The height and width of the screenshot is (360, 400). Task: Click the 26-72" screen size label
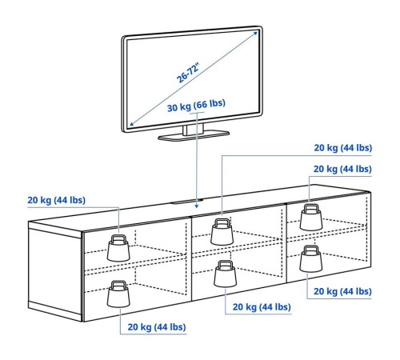tap(188, 73)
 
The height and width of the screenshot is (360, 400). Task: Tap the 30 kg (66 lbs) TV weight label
tap(196, 106)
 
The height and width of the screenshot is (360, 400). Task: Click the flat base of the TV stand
tap(194, 135)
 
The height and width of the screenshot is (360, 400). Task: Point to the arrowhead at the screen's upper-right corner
tap(255, 34)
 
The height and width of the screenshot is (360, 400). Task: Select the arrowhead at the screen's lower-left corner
tap(131, 124)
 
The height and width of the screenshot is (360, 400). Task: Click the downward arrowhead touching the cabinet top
tap(197, 206)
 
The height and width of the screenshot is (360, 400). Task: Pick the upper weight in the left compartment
tap(118, 248)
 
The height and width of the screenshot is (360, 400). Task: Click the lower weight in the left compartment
tap(118, 294)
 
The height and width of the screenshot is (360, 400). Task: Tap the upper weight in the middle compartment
tap(222, 232)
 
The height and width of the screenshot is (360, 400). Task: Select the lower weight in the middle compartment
tap(225, 274)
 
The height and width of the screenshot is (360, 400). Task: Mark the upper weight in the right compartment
tap(311, 218)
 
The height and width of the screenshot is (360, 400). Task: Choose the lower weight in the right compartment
tap(311, 259)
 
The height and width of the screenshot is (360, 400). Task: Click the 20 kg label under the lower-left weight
tap(157, 327)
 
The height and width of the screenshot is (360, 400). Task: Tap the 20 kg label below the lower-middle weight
tap(262, 307)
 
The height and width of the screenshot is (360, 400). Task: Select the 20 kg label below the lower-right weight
tap(342, 291)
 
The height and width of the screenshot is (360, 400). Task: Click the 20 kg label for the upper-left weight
tap(57, 200)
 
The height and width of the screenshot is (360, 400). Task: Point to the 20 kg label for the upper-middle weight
tap(342, 148)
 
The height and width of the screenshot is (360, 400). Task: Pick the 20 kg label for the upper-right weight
tap(342, 169)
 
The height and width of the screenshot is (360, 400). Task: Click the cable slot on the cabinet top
tap(186, 202)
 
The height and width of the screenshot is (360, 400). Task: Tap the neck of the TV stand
tap(193, 130)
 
